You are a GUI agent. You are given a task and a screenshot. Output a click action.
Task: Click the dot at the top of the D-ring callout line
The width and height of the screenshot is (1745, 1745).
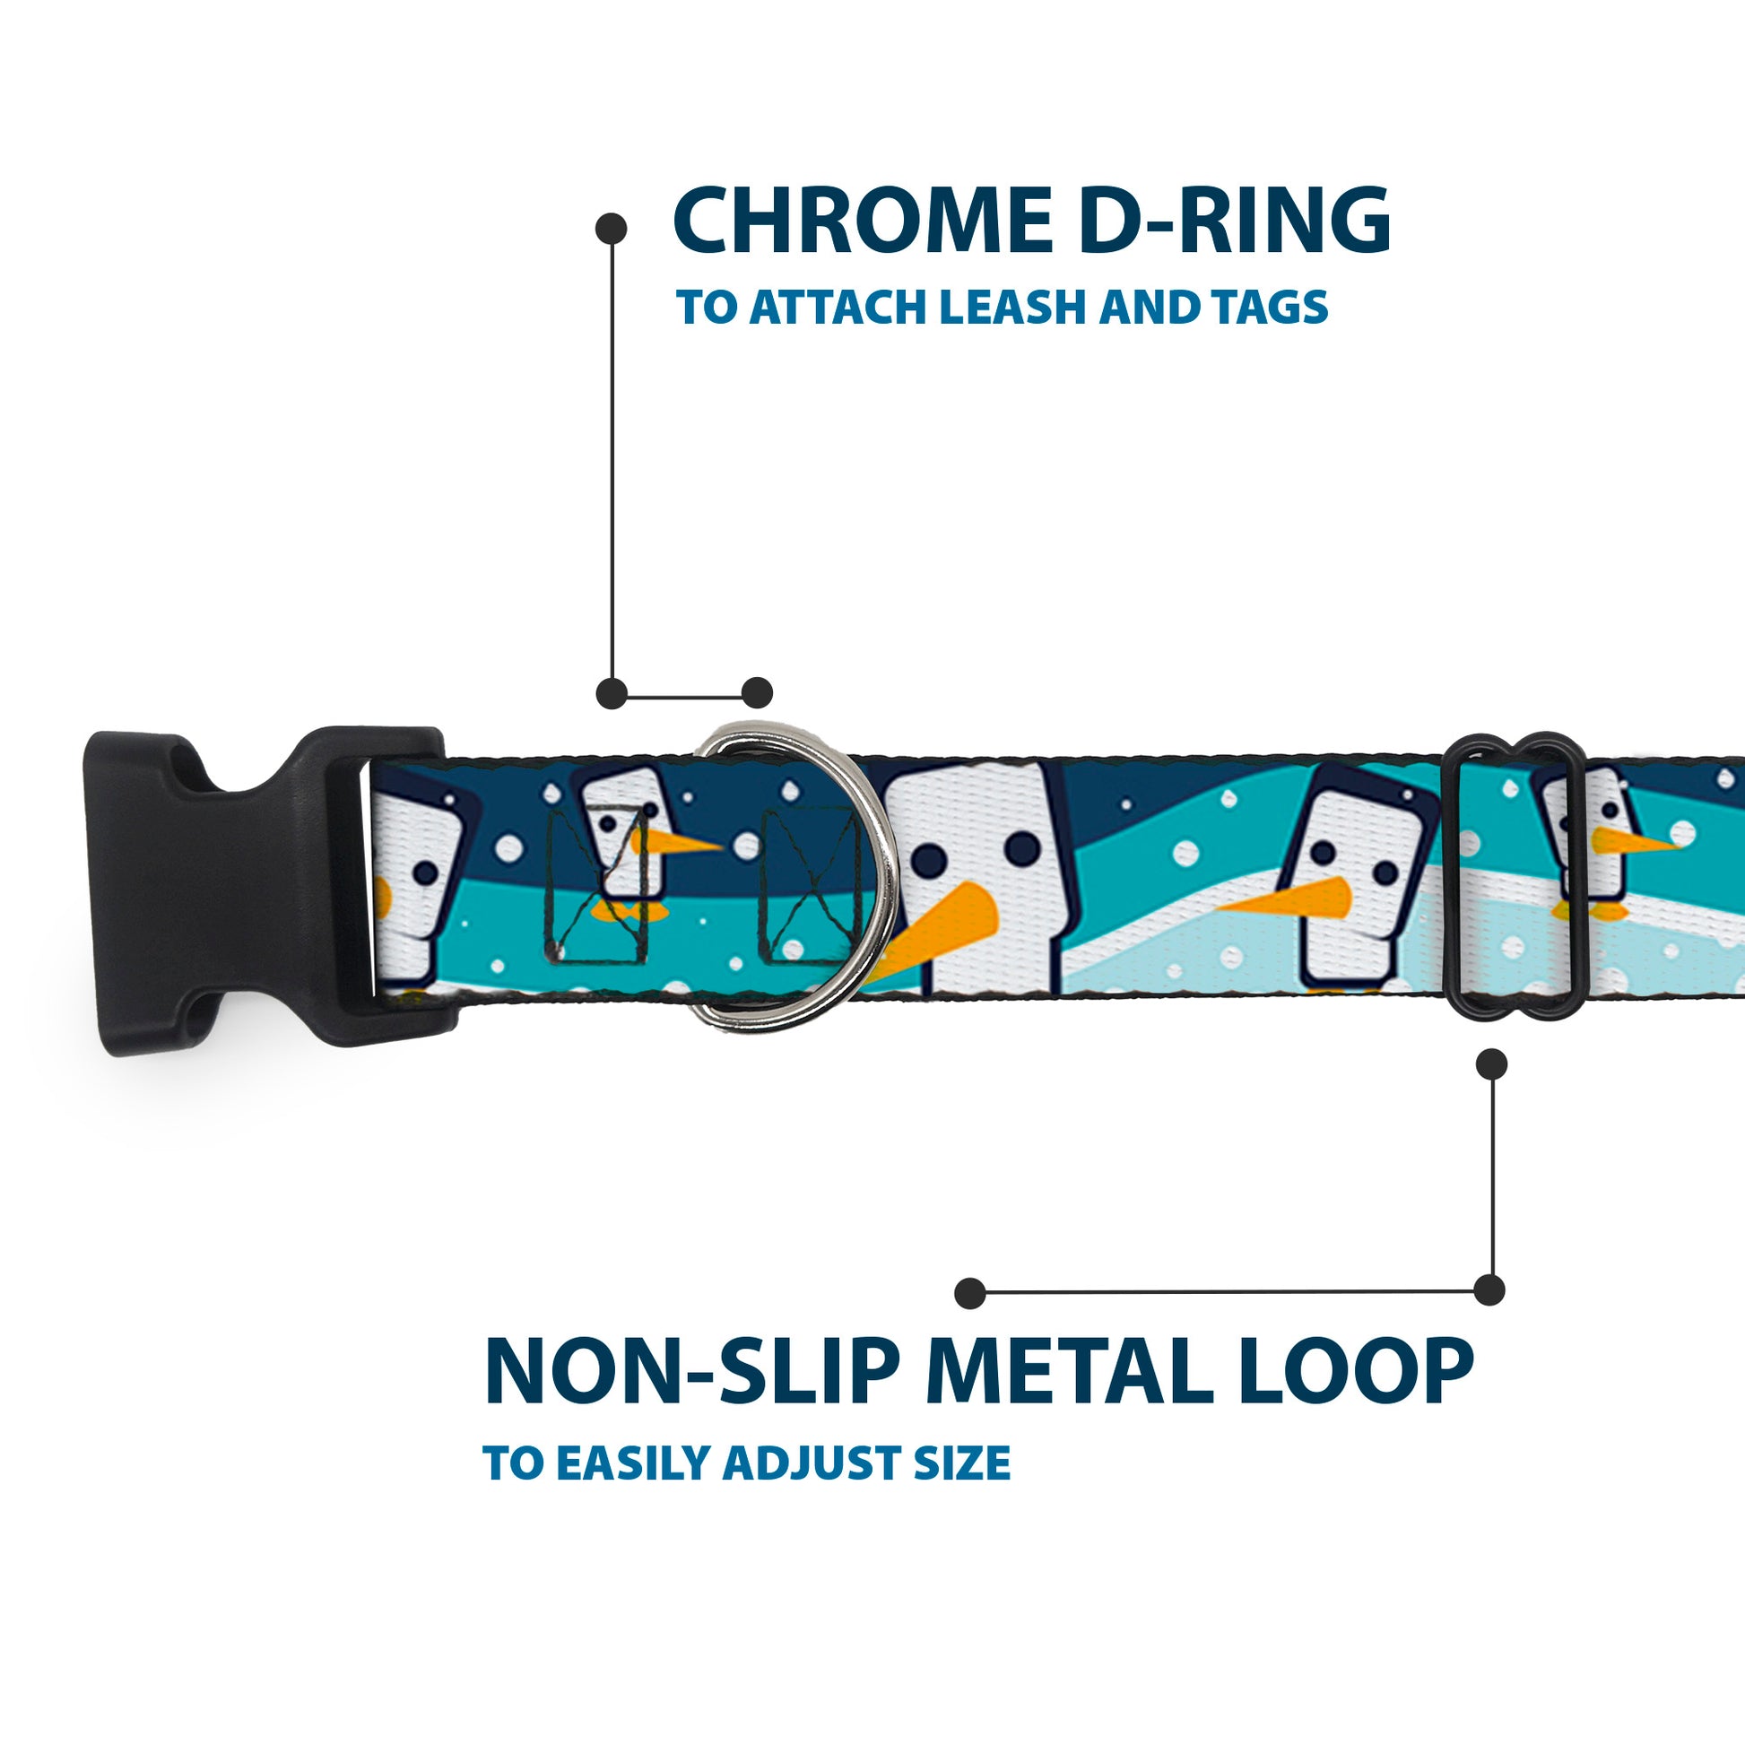coord(612,228)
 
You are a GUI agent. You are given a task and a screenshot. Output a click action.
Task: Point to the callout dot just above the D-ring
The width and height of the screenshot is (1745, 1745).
coord(757,693)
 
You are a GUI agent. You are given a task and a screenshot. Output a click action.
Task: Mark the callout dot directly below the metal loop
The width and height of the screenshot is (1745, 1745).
coord(1491,1064)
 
